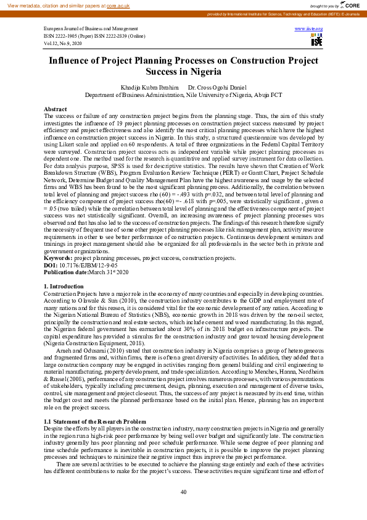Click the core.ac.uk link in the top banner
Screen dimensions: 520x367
tap(118, 5)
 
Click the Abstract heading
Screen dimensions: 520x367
tap(56, 109)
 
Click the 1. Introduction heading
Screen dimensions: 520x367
tap(64, 287)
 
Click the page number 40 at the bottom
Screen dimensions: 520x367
tap(183, 492)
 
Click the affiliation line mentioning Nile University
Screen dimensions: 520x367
tap(183, 95)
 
